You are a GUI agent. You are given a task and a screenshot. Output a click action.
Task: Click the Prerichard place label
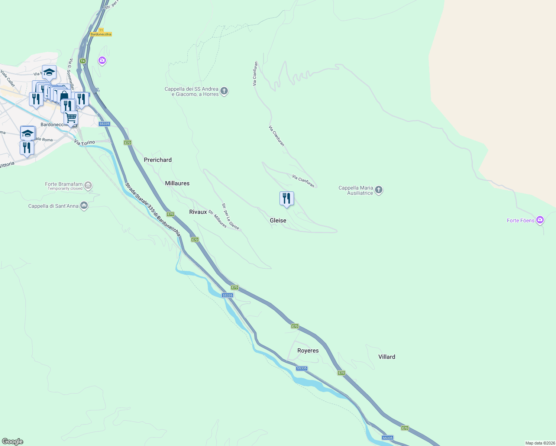158,160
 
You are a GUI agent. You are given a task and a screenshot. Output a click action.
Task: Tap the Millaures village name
177,183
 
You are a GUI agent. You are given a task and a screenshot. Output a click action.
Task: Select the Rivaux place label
198,212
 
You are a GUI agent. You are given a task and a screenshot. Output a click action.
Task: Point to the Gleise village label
278,220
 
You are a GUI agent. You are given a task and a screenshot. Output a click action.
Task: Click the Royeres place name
308,350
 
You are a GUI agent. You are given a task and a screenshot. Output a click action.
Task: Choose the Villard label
387,357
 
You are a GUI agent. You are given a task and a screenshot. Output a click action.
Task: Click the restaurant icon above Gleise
287,198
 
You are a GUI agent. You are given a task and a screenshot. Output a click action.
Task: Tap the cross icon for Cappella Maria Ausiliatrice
379,190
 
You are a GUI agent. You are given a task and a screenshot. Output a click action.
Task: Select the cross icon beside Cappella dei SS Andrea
224,91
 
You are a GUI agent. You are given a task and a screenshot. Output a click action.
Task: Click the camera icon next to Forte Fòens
540,220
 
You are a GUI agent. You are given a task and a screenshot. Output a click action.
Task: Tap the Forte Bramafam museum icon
88,185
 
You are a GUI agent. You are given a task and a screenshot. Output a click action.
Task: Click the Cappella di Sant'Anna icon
84,206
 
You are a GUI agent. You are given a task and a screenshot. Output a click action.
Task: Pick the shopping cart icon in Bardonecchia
71,118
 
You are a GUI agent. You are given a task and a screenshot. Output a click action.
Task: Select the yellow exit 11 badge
101,30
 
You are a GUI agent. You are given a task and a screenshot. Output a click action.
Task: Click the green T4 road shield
83,61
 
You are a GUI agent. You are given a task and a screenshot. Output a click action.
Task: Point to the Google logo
13,442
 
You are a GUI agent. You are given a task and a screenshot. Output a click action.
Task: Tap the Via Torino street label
84,142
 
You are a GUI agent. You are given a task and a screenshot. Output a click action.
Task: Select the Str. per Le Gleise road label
230,216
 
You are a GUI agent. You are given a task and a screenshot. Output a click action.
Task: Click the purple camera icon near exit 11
102,60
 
